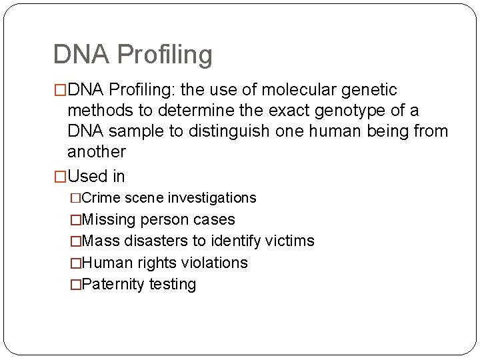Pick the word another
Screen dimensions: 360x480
tap(97, 152)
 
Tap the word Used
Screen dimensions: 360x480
tap(89, 177)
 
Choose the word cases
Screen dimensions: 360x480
tap(215, 219)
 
